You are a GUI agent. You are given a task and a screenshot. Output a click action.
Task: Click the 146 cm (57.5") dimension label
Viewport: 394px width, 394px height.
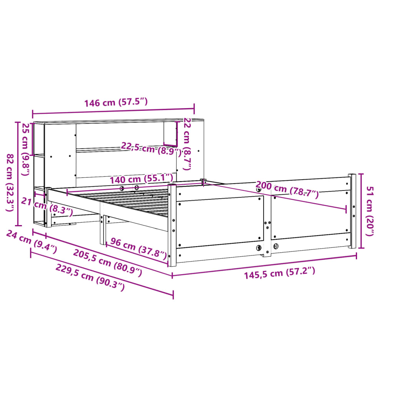click(x=116, y=102)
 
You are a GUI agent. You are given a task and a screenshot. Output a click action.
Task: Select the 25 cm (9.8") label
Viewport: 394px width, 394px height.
click(x=25, y=149)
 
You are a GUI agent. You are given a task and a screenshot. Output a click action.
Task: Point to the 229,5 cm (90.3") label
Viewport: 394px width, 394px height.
click(x=90, y=277)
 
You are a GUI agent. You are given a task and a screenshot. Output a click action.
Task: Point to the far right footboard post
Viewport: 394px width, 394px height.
click(x=352, y=211)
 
